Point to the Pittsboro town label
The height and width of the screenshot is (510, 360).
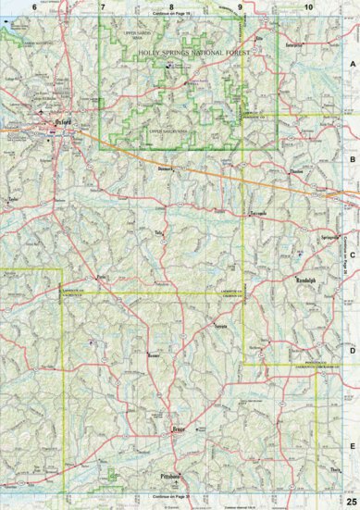click(x=171, y=476)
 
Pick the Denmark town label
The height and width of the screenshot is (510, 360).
click(x=167, y=171)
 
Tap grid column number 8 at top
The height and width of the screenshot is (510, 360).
click(x=170, y=7)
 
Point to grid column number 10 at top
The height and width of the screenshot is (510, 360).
click(x=307, y=7)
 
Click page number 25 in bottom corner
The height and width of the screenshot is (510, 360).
click(x=351, y=501)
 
